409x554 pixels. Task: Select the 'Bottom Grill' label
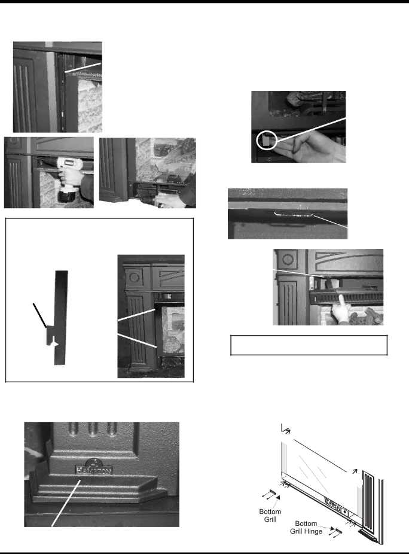click(x=270, y=515)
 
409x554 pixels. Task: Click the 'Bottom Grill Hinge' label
click(x=306, y=527)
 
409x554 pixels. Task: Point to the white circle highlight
click(x=267, y=140)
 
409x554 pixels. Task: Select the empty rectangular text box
click(x=309, y=345)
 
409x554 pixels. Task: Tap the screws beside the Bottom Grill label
click(x=270, y=494)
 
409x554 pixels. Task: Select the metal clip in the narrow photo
click(x=294, y=214)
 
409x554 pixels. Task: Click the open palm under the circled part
click(x=311, y=145)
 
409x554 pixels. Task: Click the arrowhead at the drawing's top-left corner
click(x=285, y=429)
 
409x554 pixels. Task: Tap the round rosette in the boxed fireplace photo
click(x=134, y=277)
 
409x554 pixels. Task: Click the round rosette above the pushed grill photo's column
click(x=288, y=259)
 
